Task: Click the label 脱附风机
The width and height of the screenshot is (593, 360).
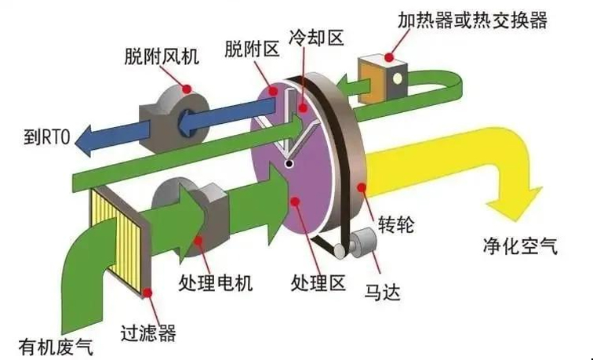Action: click(x=162, y=57)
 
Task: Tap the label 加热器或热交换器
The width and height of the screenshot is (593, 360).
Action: click(x=472, y=20)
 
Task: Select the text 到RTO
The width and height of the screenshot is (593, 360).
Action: click(x=47, y=136)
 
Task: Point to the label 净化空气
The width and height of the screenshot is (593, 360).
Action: click(x=520, y=246)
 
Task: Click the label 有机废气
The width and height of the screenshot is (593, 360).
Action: click(x=56, y=347)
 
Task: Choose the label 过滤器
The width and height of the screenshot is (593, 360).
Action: click(x=148, y=333)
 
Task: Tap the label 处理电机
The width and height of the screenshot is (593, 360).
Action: click(x=215, y=282)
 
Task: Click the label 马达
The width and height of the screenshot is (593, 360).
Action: click(x=382, y=292)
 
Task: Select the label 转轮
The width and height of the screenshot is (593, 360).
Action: click(x=396, y=224)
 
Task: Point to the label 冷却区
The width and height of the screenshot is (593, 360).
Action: click(x=316, y=38)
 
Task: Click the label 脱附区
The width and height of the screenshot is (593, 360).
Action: click(x=252, y=49)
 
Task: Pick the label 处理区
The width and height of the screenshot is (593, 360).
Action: click(x=318, y=282)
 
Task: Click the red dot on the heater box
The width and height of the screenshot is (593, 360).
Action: click(x=389, y=57)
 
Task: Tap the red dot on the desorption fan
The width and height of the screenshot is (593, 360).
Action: click(x=187, y=89)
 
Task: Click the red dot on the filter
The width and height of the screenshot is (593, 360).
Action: click(x=147, y=293)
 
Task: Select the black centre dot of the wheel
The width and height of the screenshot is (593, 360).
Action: click(x=289, y=164)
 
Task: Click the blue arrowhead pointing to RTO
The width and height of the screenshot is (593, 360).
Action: click(x=83, y=140)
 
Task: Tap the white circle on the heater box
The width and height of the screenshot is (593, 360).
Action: click(x=398, y=78)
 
